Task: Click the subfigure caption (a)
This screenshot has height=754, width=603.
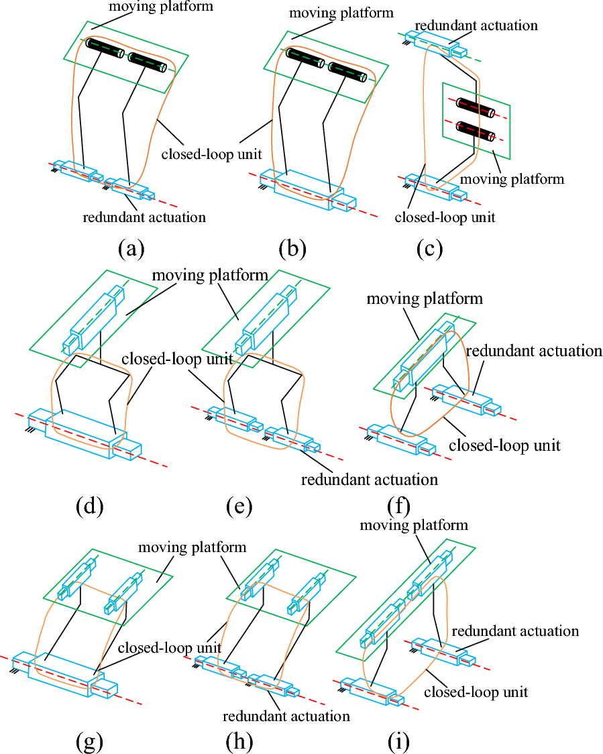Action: point(131,250)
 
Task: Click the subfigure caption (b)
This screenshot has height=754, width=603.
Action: point(292,250)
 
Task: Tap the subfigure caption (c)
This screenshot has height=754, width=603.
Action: point(429,250)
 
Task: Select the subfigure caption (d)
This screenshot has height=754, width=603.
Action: point(89,506)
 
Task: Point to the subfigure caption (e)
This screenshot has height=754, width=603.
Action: point(239,506)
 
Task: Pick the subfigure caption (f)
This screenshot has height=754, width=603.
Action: point(398,506)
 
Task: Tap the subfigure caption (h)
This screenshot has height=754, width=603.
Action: point(238,741)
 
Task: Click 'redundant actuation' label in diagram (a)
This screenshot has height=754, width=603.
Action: point(144,217)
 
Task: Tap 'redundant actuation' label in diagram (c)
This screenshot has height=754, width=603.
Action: point(476,26)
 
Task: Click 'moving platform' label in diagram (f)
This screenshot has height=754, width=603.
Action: point(425,298)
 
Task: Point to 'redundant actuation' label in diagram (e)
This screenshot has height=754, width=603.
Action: point(370,480)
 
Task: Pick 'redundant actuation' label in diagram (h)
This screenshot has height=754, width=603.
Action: point(286,716)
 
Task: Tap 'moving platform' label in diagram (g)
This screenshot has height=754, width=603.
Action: point(193,547)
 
